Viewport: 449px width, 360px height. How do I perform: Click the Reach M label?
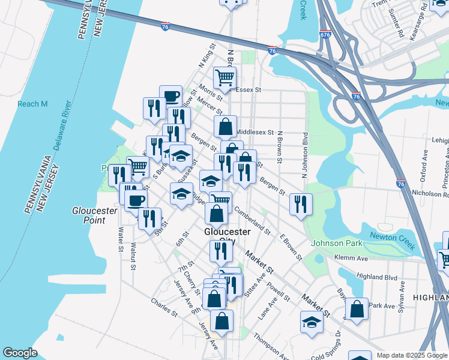[x=32, y=104]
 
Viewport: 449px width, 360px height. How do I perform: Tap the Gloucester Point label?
[x=88, y=215]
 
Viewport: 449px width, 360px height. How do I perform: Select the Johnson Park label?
[x=337, y=243]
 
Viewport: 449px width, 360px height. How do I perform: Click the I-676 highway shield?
[x=325, y=36]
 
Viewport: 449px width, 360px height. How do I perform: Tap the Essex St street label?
[x=249, y=90]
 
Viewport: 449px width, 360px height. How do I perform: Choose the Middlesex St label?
[x=255, y=132]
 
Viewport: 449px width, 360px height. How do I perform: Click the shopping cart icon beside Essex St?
[x=224, y=77]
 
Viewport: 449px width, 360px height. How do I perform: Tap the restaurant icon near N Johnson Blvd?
[x=301, y=203]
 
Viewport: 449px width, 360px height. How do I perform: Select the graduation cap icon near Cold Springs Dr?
[x=312, y=322]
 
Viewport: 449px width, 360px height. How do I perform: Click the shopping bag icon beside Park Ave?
[x=357, y=310]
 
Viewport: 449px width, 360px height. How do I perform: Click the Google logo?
[x=20, y=353]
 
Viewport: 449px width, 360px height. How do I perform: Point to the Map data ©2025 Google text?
[x=412, y=355]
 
